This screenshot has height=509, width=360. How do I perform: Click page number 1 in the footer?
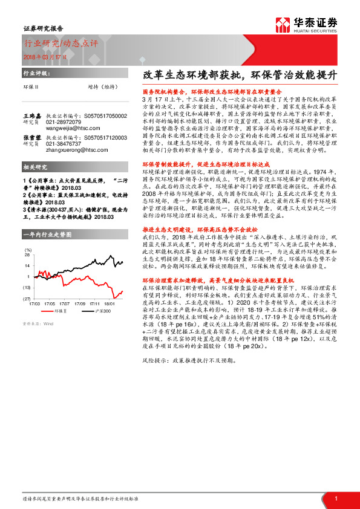335,498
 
